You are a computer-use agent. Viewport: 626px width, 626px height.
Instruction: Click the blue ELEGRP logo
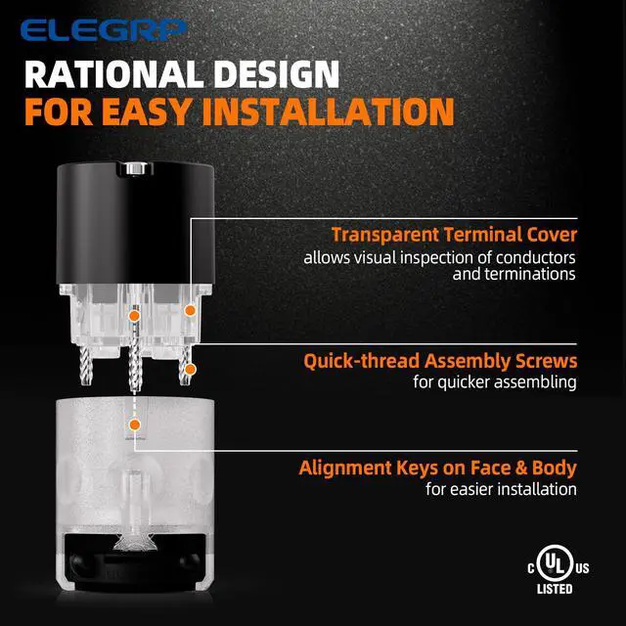point(104,30)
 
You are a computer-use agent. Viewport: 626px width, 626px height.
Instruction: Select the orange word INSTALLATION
point(329,112)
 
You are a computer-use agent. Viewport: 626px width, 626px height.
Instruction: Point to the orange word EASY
point(146,112)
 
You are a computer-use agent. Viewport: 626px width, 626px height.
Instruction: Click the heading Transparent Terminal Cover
point(454,235)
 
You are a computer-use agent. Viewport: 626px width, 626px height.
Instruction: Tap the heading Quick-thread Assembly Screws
point(440,361)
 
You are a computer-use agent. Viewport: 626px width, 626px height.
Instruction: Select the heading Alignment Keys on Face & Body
point(437,468)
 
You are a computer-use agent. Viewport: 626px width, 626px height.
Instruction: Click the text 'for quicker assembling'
point(495,382)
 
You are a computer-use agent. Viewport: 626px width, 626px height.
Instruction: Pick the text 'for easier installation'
point(501,489)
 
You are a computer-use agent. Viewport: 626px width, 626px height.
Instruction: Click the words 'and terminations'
point(514,274)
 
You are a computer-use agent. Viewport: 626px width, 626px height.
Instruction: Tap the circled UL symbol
point(555,563)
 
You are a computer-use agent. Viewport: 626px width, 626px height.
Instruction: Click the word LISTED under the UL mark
point(555,589)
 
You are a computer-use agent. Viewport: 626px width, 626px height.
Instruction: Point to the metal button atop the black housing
point(135,168)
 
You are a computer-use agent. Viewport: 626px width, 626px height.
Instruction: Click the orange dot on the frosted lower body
point(135,425)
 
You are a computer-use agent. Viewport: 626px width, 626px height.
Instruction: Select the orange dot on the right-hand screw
point(191,370)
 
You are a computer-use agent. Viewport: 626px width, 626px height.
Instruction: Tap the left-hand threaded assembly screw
point(85,365)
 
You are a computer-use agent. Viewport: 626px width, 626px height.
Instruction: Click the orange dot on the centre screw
point(134,316)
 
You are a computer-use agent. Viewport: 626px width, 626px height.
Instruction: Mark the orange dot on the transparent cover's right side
point(190,310)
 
